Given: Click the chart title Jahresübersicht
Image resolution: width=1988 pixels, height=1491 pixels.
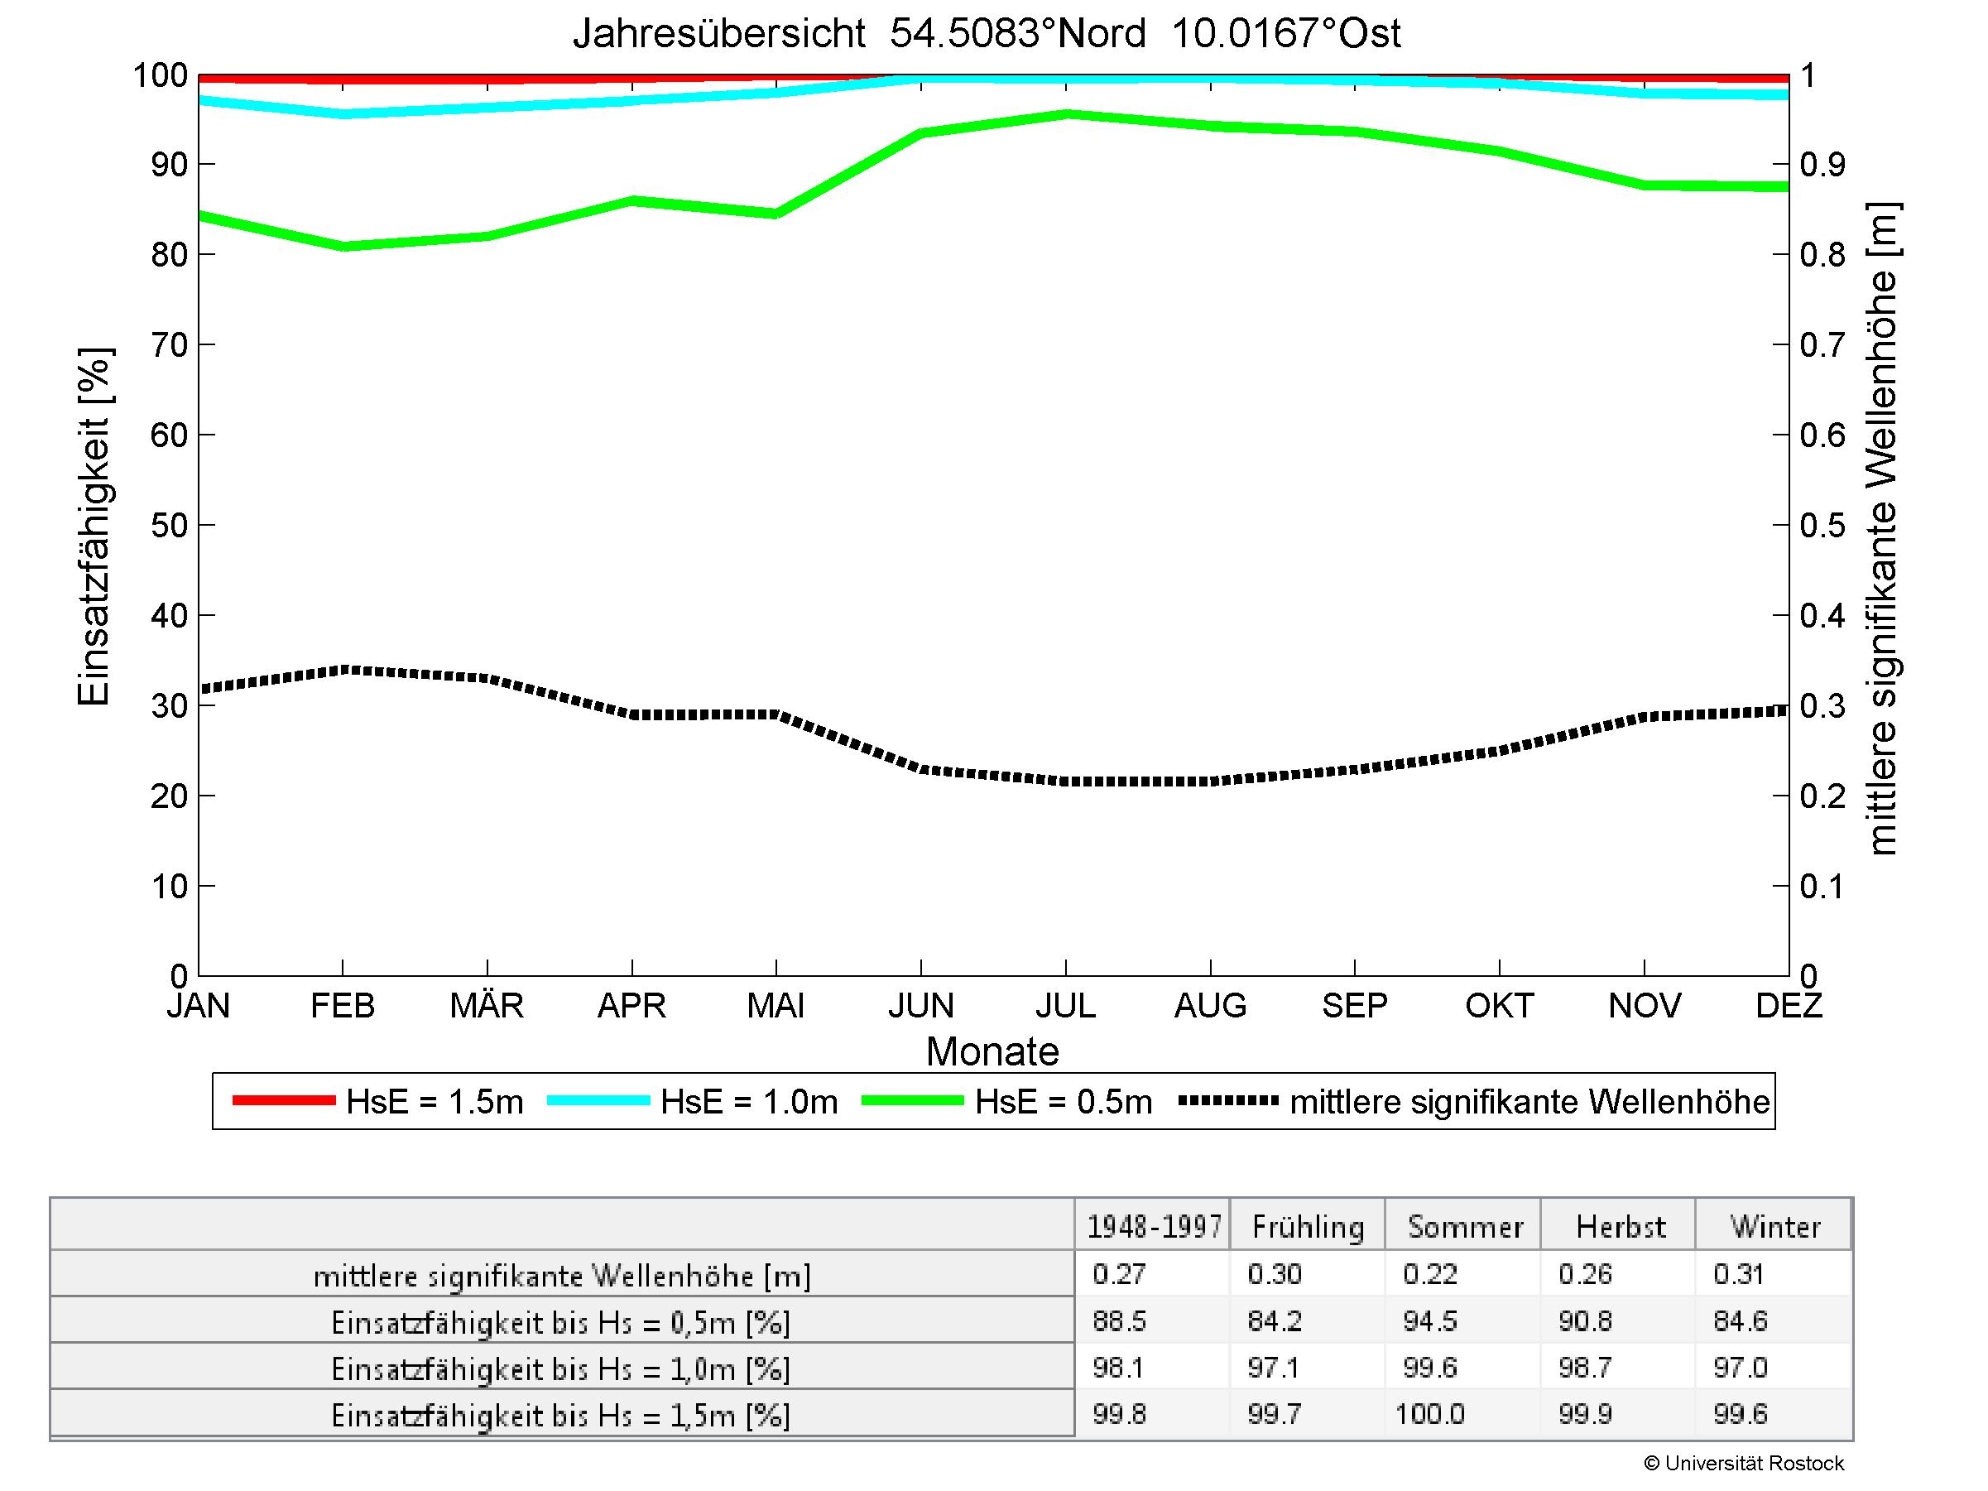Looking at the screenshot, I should tap(986, 33).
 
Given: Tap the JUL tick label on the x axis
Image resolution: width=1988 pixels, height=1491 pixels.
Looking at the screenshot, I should tap(1066, 1005).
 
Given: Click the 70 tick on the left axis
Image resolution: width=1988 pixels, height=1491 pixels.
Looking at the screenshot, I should tap(168, 344).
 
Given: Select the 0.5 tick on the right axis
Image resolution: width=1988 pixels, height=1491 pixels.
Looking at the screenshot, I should tap(1822, 525).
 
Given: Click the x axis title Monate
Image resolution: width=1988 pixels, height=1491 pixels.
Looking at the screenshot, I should tap(992, 1051).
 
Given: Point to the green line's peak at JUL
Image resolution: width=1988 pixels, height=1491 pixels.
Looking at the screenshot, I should tap(1067, 114).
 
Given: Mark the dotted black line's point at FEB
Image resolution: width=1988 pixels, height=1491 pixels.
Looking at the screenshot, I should tap(343, 670).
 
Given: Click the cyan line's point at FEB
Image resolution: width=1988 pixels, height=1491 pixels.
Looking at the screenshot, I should tap(343, 114).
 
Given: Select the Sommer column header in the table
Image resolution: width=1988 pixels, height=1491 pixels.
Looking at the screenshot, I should tap(1465, 1227).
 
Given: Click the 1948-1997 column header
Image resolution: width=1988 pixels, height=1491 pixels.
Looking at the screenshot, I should tap(1154, 1227).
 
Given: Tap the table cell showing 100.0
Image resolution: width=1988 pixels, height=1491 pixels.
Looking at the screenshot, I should tap(1430, 1415).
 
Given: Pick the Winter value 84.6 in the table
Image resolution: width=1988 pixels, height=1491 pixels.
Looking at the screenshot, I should tap(1740, 1321).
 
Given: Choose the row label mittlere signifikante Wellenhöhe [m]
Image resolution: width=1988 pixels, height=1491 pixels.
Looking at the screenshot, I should tap(562, 1277).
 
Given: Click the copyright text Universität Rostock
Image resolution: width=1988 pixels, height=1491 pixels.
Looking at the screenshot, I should tap(1744, 1463).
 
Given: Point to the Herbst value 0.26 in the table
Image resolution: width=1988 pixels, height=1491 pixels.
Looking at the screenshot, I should tap(1586, 1274).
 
